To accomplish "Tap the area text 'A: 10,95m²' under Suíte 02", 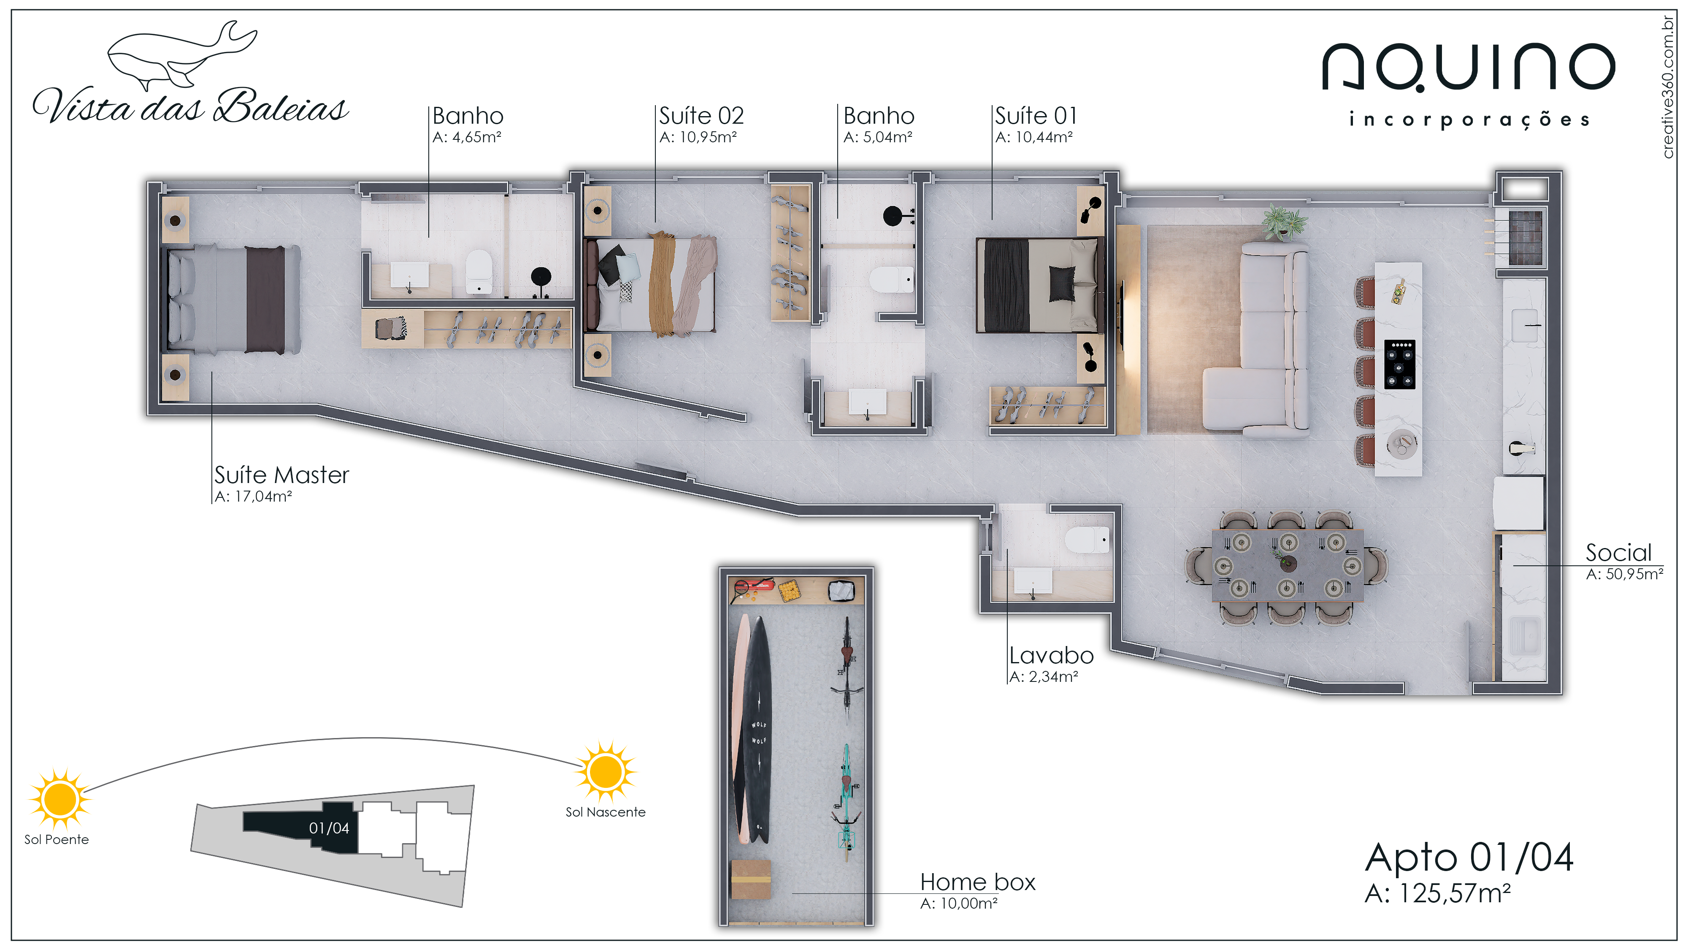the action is pyautogui.click(x=698, y=137).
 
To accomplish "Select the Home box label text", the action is pyautogui.click(x=978, y=882).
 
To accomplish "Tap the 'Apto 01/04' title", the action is pyautogui.click(x=1469, y=858).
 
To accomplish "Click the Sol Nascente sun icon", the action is pyautogui.click(x=606, y=772).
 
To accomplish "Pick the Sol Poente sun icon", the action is pyautogui.click(x=60, y=799).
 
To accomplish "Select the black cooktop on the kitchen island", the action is pyautogui.click(x=1399, y=364).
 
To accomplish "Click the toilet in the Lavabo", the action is pyautogui.click(x=1088, y=540).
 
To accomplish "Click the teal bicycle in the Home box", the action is pyautogui.click(x=846, y=803).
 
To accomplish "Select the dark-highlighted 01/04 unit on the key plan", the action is pyautogui.click(x=301, y=827).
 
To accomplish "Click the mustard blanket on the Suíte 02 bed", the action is pyautogui.click(x=662, y=284).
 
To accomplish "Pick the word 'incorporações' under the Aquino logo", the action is pyautogui.click(x=1469, y=120).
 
